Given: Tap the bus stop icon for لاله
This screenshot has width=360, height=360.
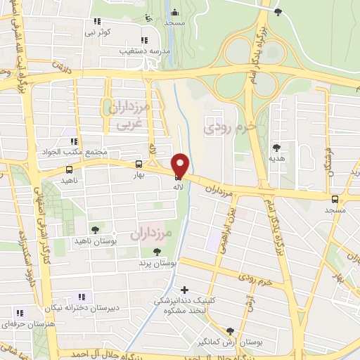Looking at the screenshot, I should (176, 179).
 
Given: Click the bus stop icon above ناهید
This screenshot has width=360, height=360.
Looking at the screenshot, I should (69, 170).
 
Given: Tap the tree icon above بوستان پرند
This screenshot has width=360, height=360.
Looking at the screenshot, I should (157, 252).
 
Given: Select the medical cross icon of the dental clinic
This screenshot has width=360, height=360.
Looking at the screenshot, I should (184, 290).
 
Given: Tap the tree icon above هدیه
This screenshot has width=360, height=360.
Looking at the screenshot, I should (276, 148).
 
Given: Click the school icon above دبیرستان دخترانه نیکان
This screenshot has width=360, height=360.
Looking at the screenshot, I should (82, 297).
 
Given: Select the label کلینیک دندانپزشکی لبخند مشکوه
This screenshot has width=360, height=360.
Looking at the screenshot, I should (185, 306).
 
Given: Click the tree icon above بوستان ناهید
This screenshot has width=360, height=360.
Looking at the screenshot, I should (96, 229).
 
